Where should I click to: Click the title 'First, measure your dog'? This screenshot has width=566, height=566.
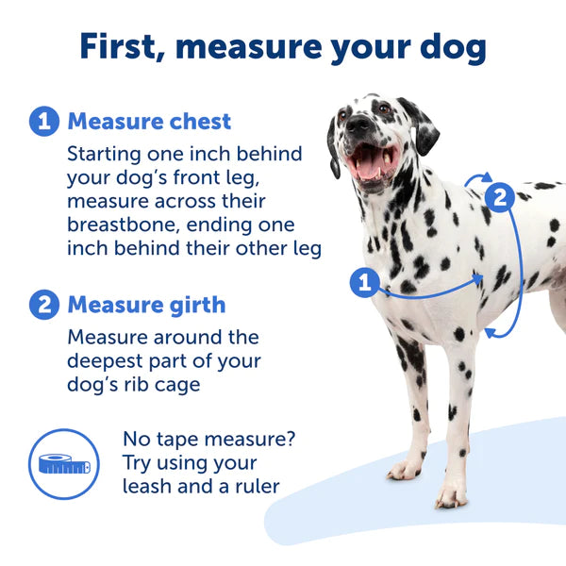(x=283, y=46)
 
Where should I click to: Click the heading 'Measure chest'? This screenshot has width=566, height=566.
(x=149, y=122)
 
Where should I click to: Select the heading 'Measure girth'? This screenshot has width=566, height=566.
(x=146, y=305)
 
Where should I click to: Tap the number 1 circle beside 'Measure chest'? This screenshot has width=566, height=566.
(x=43, y=122)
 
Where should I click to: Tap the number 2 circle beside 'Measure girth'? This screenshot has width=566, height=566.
(x=43, y=305)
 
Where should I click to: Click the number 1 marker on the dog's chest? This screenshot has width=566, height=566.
(x=364, y=282)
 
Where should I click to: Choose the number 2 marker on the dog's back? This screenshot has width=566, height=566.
(x=499, y=197)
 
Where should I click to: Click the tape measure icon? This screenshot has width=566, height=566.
(x=64, y=463)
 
